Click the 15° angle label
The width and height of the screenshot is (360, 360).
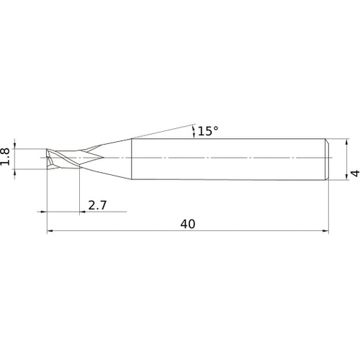[x=208, y=131]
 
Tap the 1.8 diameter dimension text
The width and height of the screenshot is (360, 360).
[x=5, y=157]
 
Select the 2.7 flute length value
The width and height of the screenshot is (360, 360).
[x=97, y=205]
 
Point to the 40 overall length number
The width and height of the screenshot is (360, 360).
[x=188, y=224]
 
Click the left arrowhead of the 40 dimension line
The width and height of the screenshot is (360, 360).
[x=50, y=231]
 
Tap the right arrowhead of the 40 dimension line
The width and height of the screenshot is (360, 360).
[x=325, y=231]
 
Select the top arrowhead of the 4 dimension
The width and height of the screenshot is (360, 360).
[x=346, y=142]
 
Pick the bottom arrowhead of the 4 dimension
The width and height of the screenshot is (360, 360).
[x=346, y=176]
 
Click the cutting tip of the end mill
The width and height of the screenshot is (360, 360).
[x=47, y=158]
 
